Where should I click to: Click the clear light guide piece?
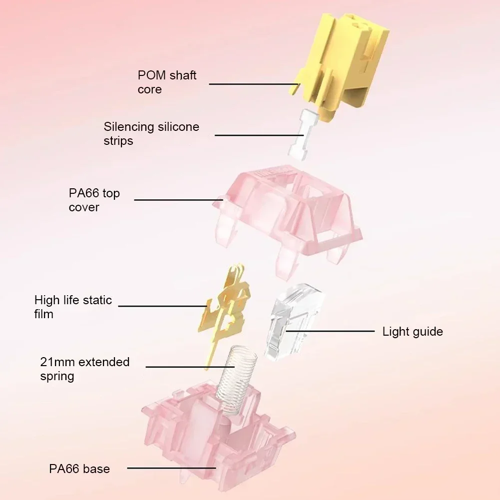click(x=295, y=320)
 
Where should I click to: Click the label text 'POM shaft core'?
click(x=167, y=82)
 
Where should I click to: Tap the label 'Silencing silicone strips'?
click(x=151, y=133)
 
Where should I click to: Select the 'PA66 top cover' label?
click(x=94, y=200)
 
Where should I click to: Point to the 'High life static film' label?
click(x=73, y=307)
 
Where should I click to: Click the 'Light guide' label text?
click(x=413, y=331)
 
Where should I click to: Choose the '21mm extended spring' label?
click(x=84, y=368)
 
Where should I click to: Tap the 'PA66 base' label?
click(x=79, y=469)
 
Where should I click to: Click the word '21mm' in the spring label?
click(x=57, y=361)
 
